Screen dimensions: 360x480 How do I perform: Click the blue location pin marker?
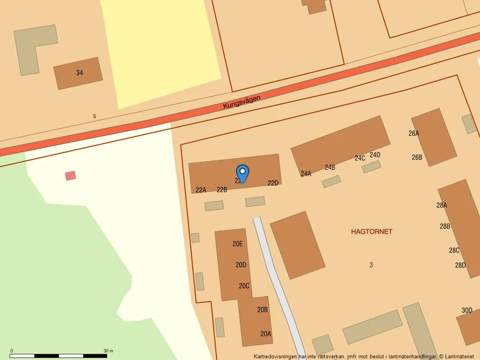243,173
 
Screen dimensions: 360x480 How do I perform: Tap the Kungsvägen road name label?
241,102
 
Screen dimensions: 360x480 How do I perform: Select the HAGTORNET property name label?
371,231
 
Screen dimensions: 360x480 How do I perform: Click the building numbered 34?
79,73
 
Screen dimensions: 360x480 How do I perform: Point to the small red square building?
70,175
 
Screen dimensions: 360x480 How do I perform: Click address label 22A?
201,190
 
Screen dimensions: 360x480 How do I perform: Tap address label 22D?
273,183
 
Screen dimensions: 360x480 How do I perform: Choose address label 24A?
306,173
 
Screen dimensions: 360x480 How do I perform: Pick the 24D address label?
375,155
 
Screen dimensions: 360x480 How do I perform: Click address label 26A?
414,133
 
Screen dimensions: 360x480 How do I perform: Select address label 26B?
417,157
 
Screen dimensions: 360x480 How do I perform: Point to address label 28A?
442,205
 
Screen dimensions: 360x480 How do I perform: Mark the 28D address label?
460,265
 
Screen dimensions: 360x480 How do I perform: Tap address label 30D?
467,310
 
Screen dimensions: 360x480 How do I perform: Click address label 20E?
237,244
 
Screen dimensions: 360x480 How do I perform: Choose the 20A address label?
265,334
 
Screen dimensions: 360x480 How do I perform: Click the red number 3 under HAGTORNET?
371,265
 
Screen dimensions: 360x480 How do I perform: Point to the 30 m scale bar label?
108,351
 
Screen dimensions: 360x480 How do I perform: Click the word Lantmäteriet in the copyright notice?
461,356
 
